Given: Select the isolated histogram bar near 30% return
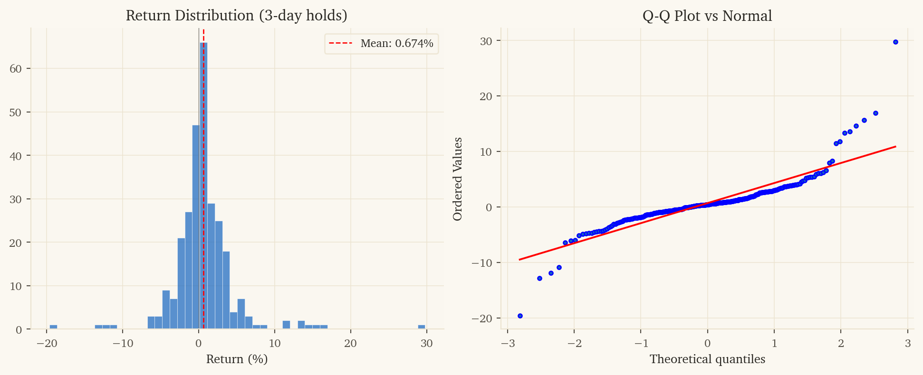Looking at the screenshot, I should point(422,327).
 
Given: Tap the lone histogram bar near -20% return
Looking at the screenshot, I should point(53,327).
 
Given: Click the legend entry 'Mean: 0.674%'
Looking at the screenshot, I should point(381,44).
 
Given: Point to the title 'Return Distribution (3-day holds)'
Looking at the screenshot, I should point(236,16).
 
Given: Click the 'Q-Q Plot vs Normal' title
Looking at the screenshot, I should point(707,16).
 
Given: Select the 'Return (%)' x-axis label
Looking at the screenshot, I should point(237,359).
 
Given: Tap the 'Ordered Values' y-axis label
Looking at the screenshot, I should point(457,179).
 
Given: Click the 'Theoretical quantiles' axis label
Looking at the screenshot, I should point(707,359).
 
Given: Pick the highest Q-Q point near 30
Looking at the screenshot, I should point(895,42).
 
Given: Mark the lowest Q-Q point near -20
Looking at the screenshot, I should point(520,316).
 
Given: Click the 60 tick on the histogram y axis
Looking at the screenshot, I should point(16,69).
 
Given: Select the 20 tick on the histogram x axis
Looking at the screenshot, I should point(350,343).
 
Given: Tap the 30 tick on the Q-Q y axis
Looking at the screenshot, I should point(486,41).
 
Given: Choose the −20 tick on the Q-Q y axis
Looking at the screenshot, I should point(482,318).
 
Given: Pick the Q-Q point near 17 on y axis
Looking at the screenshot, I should point(875,113).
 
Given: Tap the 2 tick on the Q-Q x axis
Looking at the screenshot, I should point(841,343).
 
